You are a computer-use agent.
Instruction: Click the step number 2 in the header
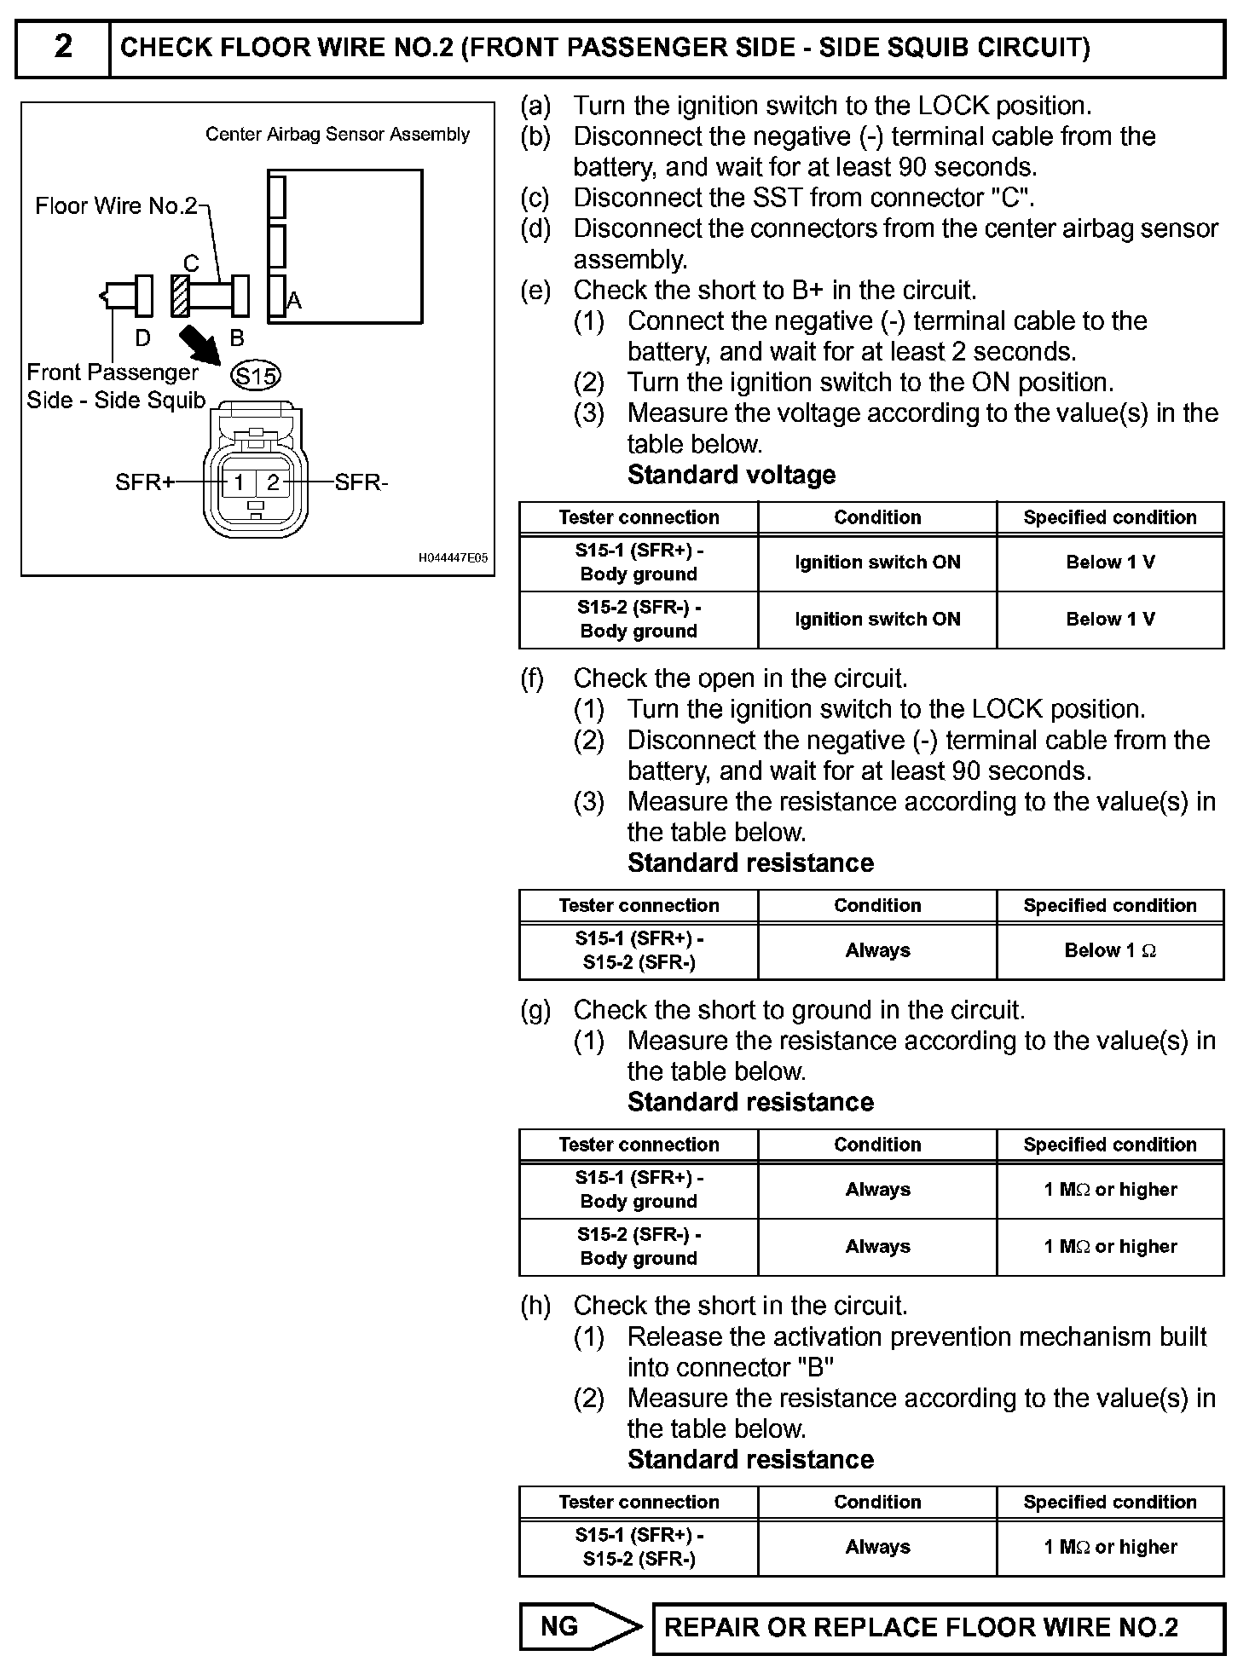[x=63, y=47]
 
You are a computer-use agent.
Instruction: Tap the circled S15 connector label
[x=256, y=376]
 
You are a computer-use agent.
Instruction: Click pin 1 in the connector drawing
[x=239, y=482]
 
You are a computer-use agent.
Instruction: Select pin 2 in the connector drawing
[x=273, y=482]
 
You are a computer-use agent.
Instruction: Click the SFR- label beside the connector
[x=361, y=483]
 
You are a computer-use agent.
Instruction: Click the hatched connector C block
[x=179, y=296]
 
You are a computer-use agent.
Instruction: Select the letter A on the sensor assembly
[x=294, y=301]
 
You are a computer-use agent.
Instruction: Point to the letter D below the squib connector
[x=142, y=338]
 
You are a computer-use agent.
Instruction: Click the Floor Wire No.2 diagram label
[x=116, y=206]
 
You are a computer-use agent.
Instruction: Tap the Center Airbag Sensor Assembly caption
[x=338, y=135]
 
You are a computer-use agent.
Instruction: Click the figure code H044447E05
[x=453, y=558]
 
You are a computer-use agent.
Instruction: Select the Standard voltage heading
[x=732, y=476]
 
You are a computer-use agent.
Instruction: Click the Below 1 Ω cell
[x=1110, y=950]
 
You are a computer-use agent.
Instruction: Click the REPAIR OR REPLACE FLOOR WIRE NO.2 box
[x=938, y=1628]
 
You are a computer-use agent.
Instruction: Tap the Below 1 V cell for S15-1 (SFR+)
[x=1110, y=563]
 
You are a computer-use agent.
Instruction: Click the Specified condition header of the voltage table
[x=1110, y=517]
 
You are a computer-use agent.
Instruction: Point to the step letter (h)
[x=536, y=1306]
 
